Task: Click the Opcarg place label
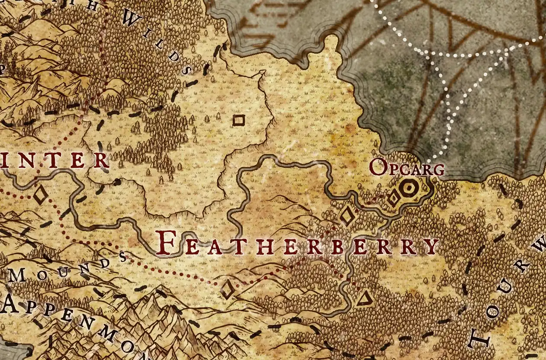[x=407, y=168]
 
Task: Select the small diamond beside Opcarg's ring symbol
[x=393, y=199]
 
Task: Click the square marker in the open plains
[x=238, y=120]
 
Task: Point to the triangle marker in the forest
[x=365, y=298]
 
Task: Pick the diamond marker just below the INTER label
[x=41, y=196]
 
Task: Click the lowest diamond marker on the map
[x=227, y=290]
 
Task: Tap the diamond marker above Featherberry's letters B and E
[x=347, y=216]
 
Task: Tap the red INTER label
[x=54, y=160]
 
